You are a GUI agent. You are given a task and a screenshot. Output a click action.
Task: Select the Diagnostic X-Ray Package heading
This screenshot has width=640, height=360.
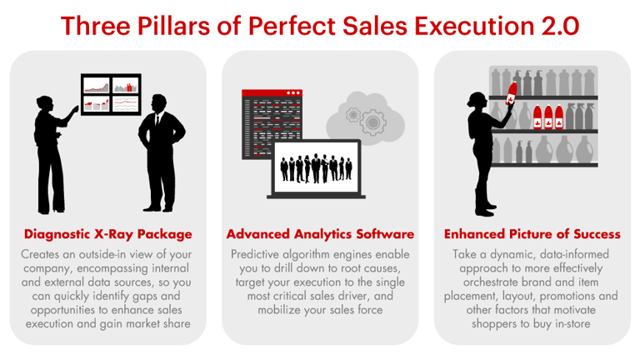coord(108,234)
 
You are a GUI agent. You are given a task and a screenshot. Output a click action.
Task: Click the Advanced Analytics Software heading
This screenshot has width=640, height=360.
coord(320,234)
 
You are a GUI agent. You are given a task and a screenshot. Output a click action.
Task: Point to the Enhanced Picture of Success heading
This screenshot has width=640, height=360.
coord(532,234)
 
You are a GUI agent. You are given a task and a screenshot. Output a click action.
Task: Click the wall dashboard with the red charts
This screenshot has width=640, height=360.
coord(110,94)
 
